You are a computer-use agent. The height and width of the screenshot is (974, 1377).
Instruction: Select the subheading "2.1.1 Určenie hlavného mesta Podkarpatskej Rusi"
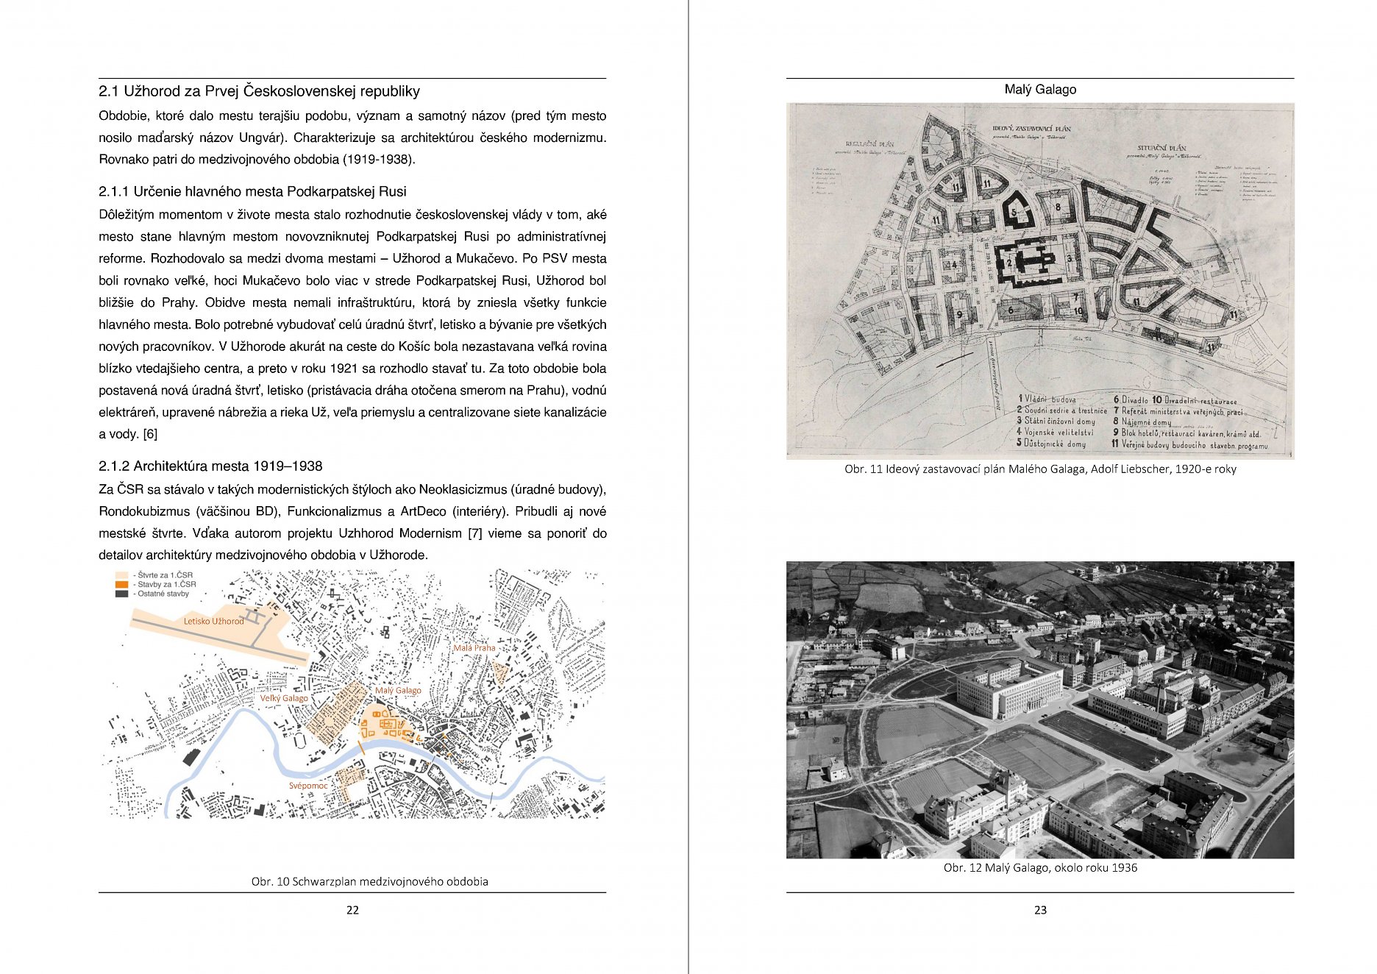pyautogui.click(x=252, y=192)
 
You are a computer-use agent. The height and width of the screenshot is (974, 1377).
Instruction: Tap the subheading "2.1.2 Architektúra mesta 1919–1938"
pyautogui.click(x=210, y=466)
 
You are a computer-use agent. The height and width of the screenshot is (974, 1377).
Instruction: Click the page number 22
pyautogui.click(x=352, y=910)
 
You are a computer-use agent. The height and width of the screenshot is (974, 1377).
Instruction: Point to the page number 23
pyautogui.click(x=1040, y=910)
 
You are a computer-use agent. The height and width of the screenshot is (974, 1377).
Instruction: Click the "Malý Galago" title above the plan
pyautogui.click(x=1040, y=90)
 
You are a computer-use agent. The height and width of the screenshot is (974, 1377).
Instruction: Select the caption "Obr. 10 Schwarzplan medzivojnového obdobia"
pyautogui.click(x=369, y=881)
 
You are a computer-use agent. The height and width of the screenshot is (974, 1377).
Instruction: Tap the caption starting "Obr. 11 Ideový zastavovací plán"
pyautogui.click(x=1040, y=469)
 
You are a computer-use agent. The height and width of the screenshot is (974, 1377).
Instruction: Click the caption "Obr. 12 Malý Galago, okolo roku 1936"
pyautogui.click(x=1040, y=868)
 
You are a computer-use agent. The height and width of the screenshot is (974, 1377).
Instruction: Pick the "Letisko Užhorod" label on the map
pyautogui.click(x=213, y=622)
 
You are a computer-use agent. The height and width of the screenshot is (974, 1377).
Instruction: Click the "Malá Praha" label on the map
pyautogui.click(x=474, y=648)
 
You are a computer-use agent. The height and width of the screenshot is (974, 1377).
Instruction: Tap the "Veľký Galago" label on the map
pyautogui.click(x=284, y=698)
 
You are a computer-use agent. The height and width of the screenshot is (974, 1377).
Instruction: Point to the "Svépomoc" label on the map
pyautogui.click(x=308, y=786)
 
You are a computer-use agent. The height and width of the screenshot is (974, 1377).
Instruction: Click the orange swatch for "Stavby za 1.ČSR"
pyautogui.click(x=122, y=585)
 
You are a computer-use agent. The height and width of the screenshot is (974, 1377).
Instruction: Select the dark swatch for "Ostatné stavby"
pyautogui.click(x=122, y=594)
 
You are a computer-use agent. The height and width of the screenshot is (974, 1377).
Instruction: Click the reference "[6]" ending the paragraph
pyautogui.click(x=150, y=435)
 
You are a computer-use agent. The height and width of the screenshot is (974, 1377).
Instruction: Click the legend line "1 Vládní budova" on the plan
pyautogui.click(x=1047, y=399)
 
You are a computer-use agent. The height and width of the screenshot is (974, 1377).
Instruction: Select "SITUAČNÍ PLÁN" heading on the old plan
pyautogui.click(x=1161, y=148)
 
